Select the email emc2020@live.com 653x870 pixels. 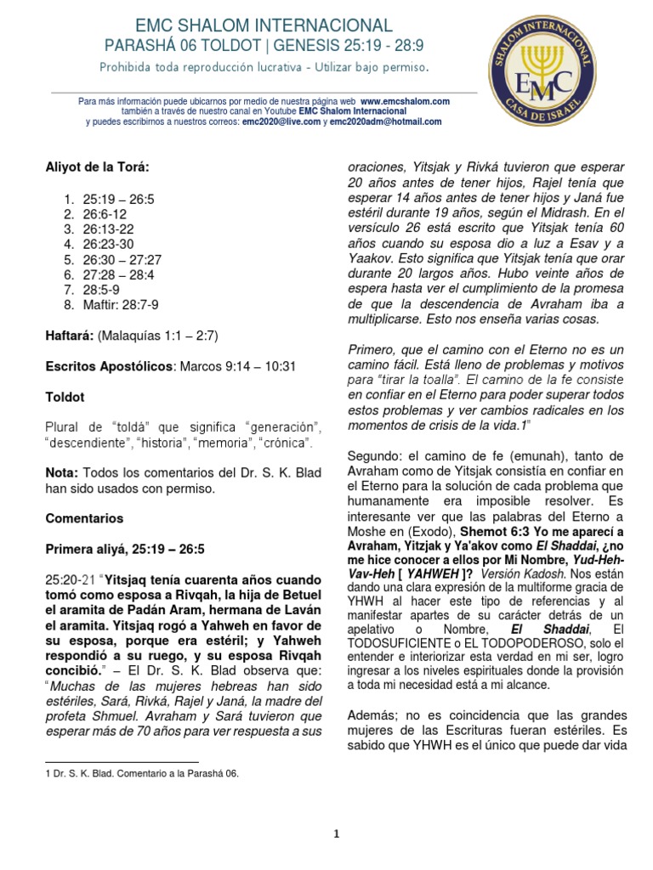281,121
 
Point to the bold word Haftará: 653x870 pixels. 69,336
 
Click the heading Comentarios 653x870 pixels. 84,517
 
